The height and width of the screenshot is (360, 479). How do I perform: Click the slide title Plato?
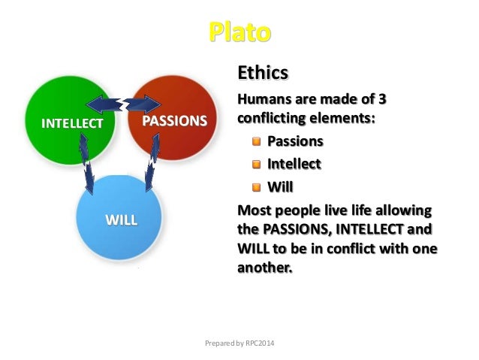pyautogui.click(x=239, y=33)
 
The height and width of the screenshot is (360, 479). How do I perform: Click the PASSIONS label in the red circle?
pyautogui.click(x=174, y=120)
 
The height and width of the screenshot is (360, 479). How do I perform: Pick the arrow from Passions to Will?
pyautogui.click(x=152, y=162)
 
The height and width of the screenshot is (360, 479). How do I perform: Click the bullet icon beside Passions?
pyautogui.click(x=257, y=141)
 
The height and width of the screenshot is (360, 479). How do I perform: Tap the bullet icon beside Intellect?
pyautogui.click(x=257, y=163)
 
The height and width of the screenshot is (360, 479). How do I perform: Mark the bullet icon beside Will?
pyautogui.click(x=257, y=186)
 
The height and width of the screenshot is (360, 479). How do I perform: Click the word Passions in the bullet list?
pyautogui.click(x=296, y=141)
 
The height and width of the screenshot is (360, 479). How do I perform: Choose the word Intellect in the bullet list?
pyautogui.click(x=294, y=163)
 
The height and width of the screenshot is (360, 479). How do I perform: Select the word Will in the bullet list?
pyautogui.click(x=279, y=186)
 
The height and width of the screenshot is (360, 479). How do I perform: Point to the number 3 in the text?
pyautogui.click(x=390, y=100)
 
